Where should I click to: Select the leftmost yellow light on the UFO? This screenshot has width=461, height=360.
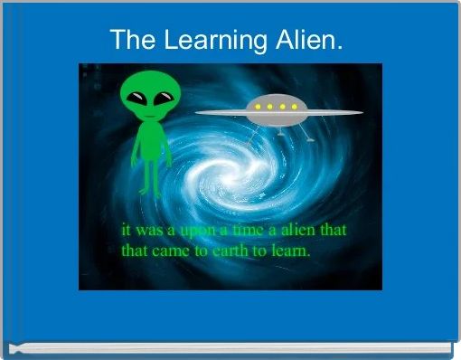coord(258,108)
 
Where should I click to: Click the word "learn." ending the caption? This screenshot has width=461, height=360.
coord(290,251)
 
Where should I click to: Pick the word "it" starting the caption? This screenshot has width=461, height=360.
coord(127,232)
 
